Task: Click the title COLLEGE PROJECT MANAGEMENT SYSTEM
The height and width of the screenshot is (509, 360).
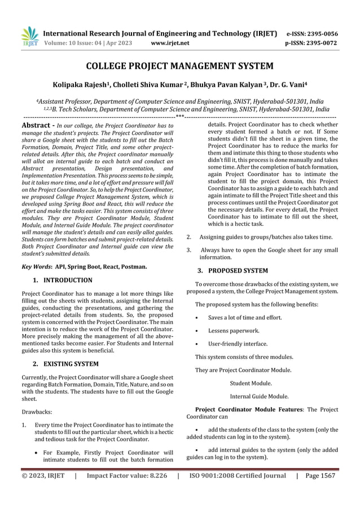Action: point(179,67)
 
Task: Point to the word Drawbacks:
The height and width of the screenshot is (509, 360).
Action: point(37,413)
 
